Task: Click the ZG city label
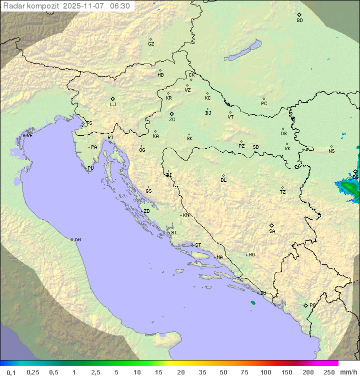[x=172, y=120]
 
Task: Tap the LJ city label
[x=113, y=105]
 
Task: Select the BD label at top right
[x=299, y=21]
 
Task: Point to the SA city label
[x=272, y=231]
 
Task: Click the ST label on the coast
[x=198, y=245]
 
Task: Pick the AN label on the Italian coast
[x=77, y=240]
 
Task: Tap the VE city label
[x=29, y=136]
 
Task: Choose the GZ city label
[x=151, y=44]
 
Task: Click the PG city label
[x=312, y=305]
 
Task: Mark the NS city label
[x=331, y=151]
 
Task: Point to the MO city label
[x=251, y=255]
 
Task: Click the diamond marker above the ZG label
[x=171, y=114]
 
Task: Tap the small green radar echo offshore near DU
[x=253, y=303]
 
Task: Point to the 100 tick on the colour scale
[x=265, y=372]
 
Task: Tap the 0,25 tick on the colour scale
[x=33, y=372]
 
